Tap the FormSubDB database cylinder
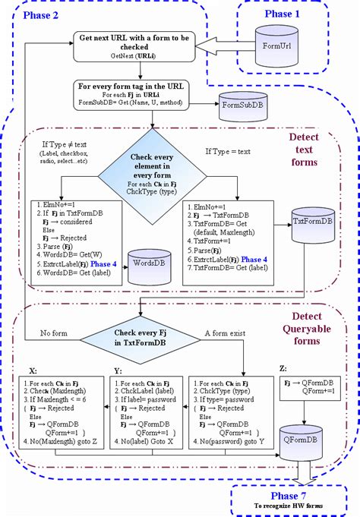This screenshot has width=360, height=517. click(241, 106)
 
